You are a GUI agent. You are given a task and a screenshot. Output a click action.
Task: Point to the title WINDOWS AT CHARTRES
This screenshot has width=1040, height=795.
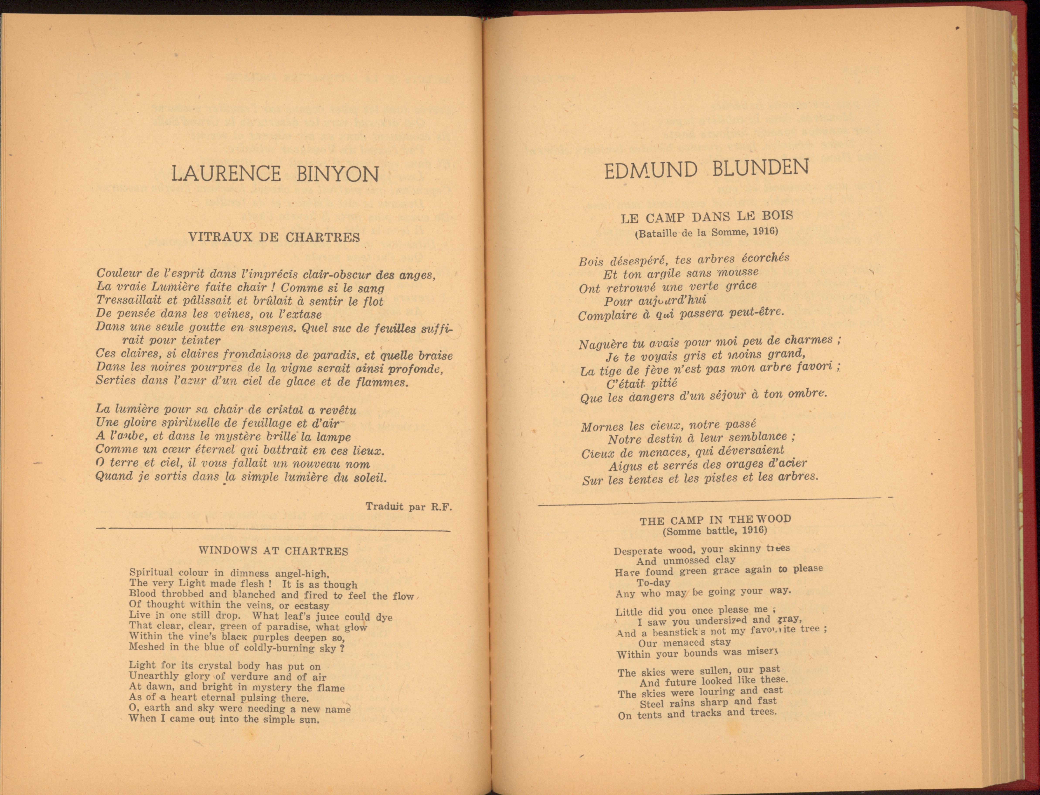coord(273,551)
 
